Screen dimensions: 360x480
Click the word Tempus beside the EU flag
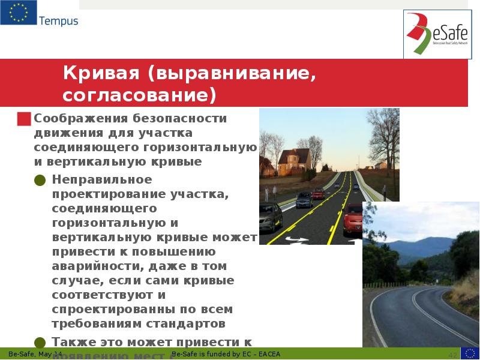tap(59, 21)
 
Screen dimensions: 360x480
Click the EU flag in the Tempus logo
tap(18, 13)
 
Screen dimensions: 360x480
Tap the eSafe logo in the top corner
tap(436, 35)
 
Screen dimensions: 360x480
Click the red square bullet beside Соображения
tap(24, 118)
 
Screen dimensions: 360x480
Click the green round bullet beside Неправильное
tap(40, 180)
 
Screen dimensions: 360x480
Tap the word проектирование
tap(107, 194)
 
